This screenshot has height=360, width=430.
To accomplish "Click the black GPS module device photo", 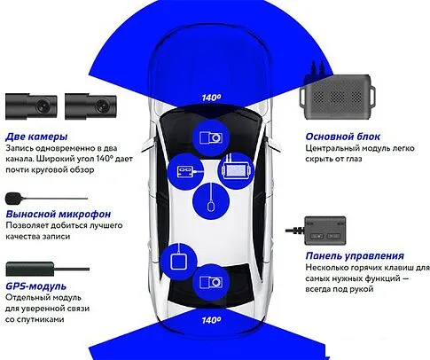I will [35, 266].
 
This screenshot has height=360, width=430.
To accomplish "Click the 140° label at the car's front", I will [211, 98].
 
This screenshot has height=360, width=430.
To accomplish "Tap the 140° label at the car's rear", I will [211, 320].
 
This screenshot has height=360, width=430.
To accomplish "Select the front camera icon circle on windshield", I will [211, 138].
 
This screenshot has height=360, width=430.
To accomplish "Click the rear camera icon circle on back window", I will [212, 283].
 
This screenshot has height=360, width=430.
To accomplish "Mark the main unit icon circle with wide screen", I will [237, 168].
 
